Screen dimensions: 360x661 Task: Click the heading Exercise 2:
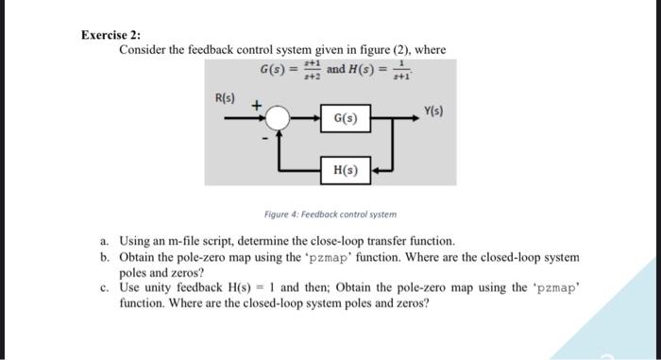[110, 35]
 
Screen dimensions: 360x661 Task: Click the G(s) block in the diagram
[345, 118]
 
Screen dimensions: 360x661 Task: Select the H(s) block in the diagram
[345, 169]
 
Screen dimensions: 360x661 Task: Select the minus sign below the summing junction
[265, 138]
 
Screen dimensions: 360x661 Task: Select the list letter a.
[103, 242]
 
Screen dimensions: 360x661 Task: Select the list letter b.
[103, 257]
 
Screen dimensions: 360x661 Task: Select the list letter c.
[103, 287]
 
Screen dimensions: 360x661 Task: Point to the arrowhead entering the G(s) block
[317, 118]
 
